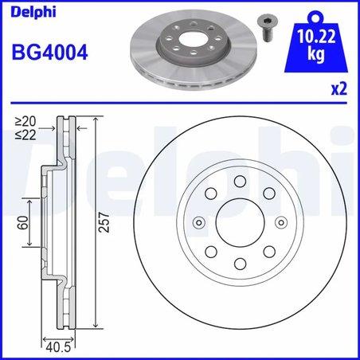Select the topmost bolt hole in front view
[x=240, y=182]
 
